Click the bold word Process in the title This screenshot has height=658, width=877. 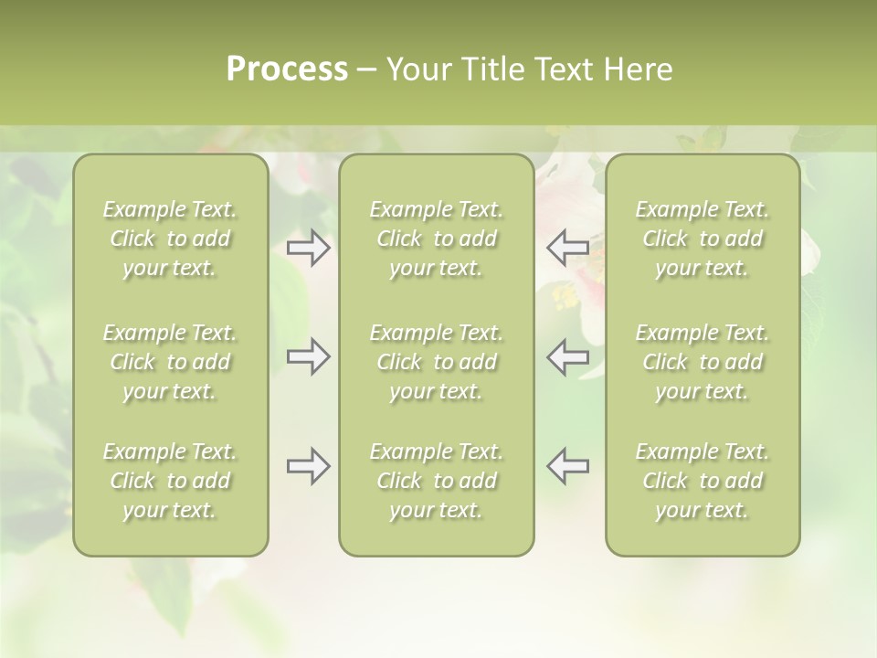[287, 69]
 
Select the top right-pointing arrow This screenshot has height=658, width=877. [309, 248]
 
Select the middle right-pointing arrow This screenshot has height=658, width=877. [309, 356]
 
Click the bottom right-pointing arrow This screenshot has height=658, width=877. [309, 466]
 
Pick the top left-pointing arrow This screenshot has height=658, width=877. [567, 248]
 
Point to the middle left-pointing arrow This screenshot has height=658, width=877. [567, 356]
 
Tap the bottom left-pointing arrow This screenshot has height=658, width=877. [567, 466]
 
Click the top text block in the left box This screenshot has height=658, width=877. [170, 239]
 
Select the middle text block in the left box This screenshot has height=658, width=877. [170, 362]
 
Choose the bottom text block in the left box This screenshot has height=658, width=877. [170, 481]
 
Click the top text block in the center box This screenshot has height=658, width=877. [436, 239]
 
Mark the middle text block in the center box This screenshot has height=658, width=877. [436, 362]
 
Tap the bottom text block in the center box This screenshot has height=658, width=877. [436, 481]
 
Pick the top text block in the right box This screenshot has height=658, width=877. [702, 239]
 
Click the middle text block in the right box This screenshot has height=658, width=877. [702, 362]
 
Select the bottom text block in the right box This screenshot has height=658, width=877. [702, 481]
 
